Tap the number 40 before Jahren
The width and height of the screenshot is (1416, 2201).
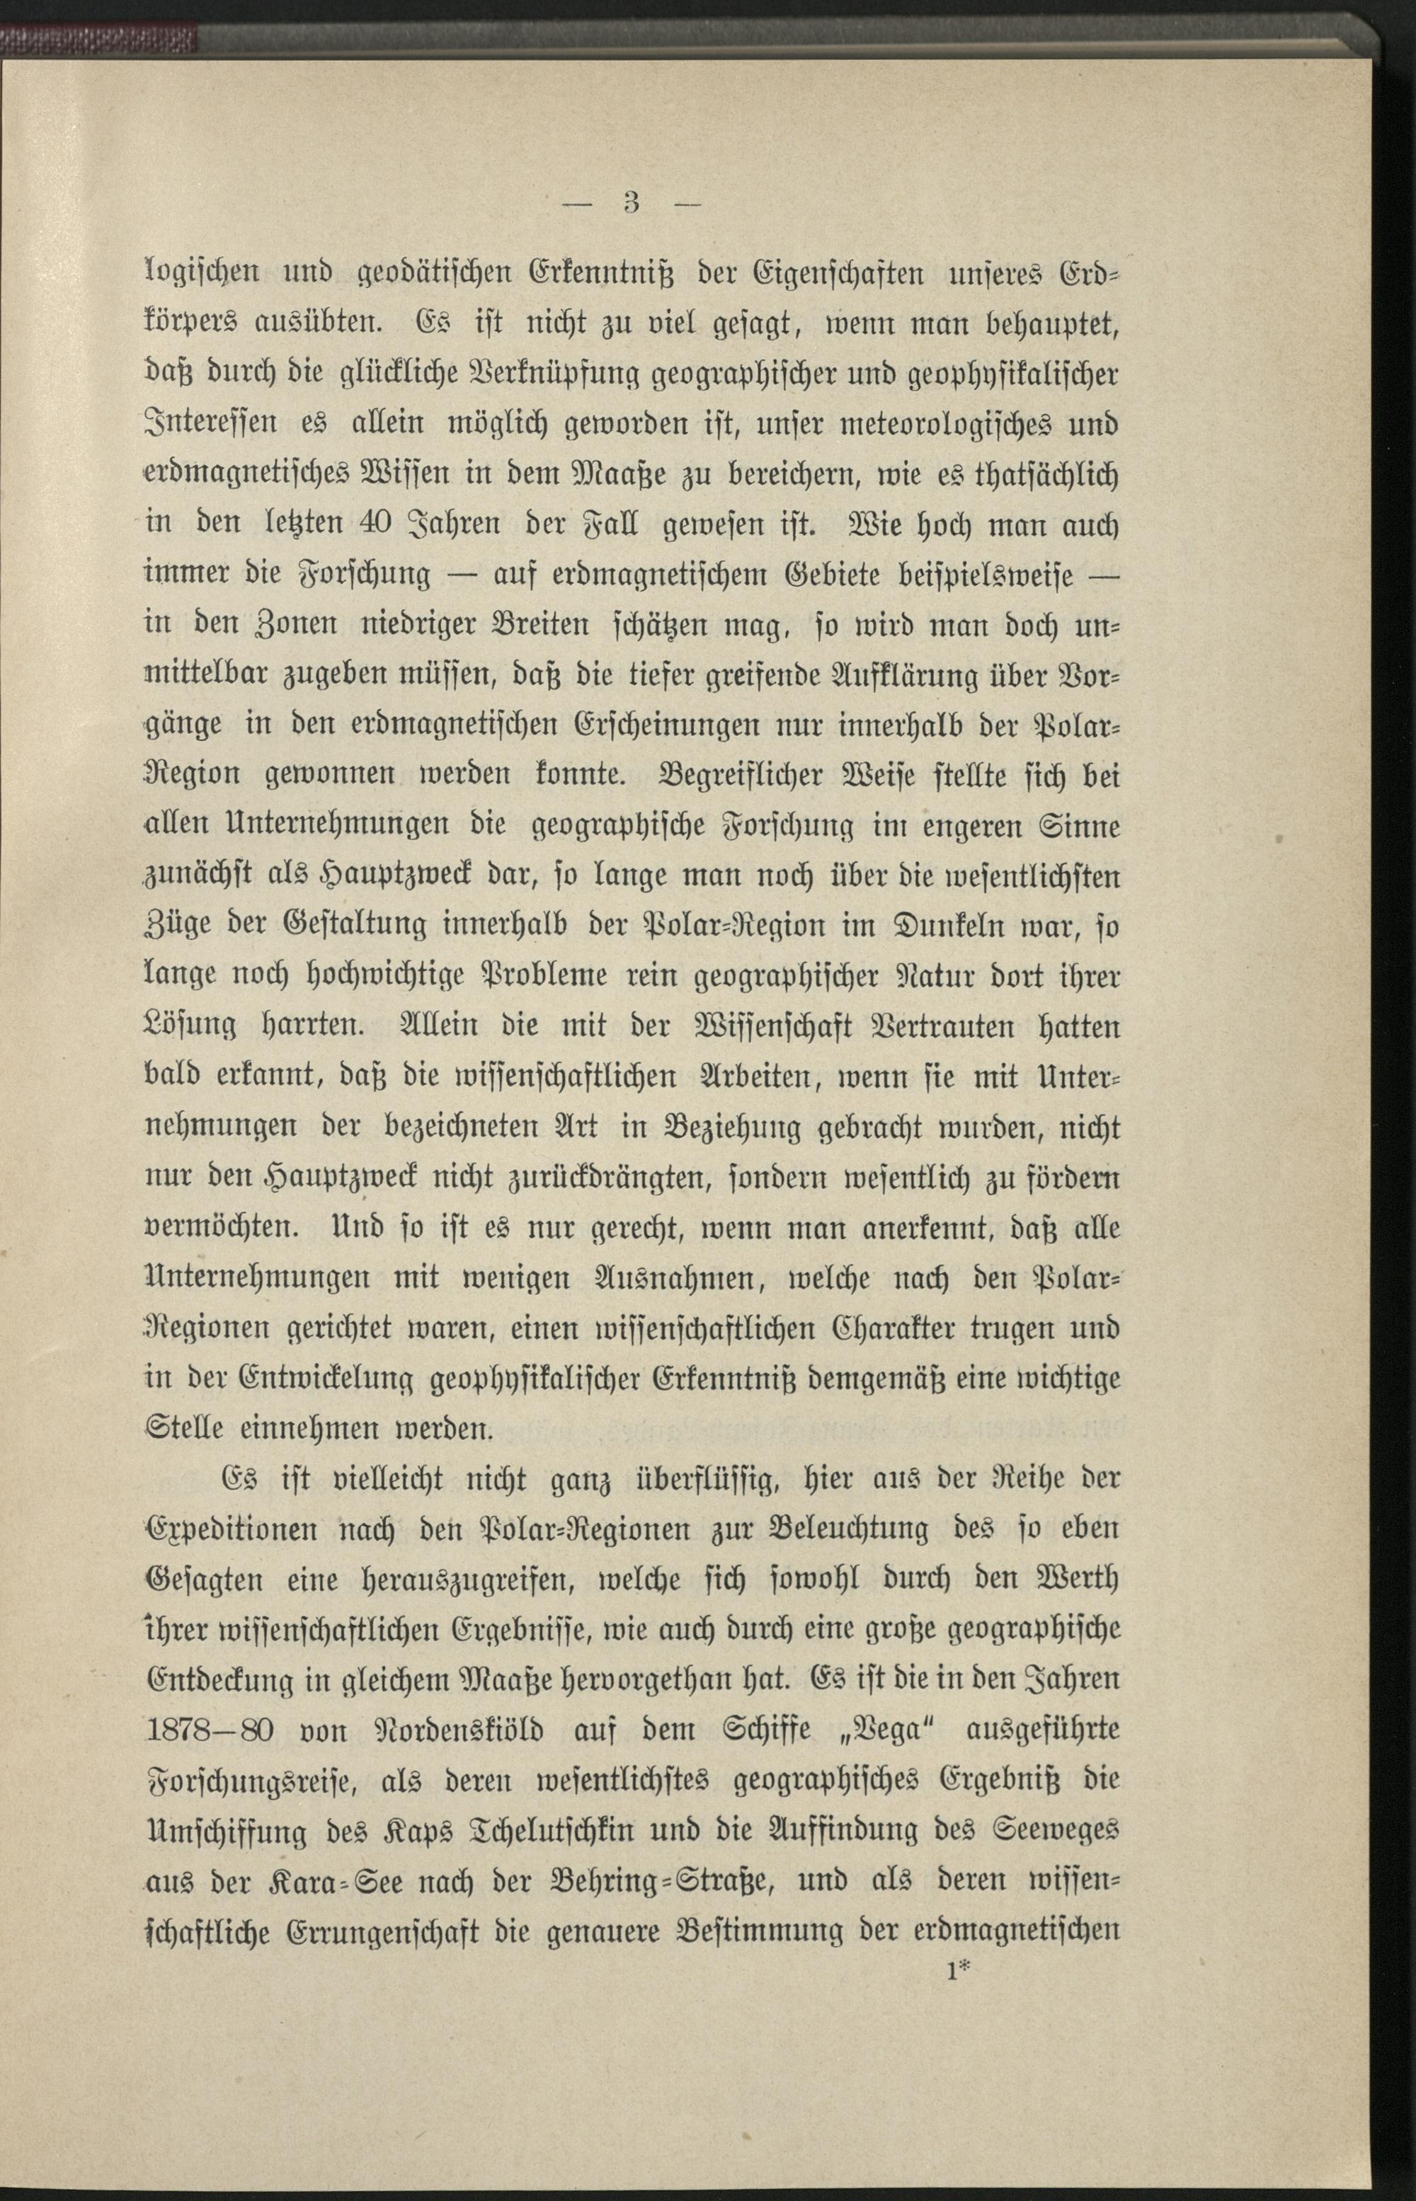pyautogui.click(x=379, y=527)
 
